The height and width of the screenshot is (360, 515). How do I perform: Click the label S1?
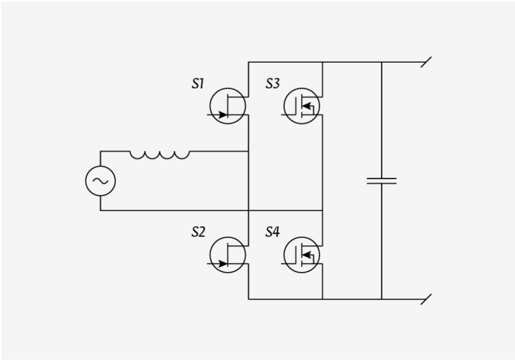pyautogui.click(x=198, y=84)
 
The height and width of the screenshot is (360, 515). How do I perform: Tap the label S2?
pyautogui.click(x=198, y=233)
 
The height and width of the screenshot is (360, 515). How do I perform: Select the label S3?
pyautogui.click(x=272, y=84)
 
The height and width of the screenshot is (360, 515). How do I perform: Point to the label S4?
pyautogui.click(x=272, y=233)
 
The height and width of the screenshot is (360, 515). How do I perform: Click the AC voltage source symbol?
pyautogui.click(x=100, y=181)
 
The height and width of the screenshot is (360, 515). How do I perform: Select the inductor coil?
pyautogui.click(x=159, y=154)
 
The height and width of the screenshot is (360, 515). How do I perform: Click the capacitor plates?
pyautogui.click(x=381, y=181)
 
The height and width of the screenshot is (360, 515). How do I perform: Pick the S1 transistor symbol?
pyautogui.click(x=228, y=106)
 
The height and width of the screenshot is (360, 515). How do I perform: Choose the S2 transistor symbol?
pyautogui.click(x=228, y=255)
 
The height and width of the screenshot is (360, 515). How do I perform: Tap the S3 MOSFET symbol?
pyautogui.click(x=302, y=106)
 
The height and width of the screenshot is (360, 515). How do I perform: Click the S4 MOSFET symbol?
pyautogui.click(x=302, y=255)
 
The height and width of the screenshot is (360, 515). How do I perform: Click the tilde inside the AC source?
pyautogui.click(x=100, y=181)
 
